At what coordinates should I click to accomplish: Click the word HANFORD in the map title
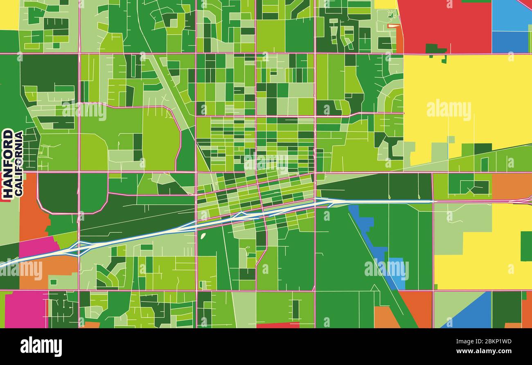[x=7, y=164]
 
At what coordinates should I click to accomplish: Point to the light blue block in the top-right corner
[x=512, y=15]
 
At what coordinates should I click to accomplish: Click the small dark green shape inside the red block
[x=435, y=49]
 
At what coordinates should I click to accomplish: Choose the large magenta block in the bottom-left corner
[x=26, y=309]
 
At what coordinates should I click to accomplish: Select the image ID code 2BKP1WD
[x=498, y=342]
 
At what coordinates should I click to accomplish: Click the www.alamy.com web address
[x=487, y=351]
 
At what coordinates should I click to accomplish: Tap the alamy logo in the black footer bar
[x=41, y=347]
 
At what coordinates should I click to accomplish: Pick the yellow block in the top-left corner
[x=9, y=14]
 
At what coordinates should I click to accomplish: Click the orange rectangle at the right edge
[x=512, y=186]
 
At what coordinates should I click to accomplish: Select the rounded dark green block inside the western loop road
[x=58, y=192]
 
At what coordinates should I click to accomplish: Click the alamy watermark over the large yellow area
[x=449, y=110]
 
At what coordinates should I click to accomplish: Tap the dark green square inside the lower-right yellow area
[x=526, y=246]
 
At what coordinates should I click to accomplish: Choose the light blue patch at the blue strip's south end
[x=396, y=273]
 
